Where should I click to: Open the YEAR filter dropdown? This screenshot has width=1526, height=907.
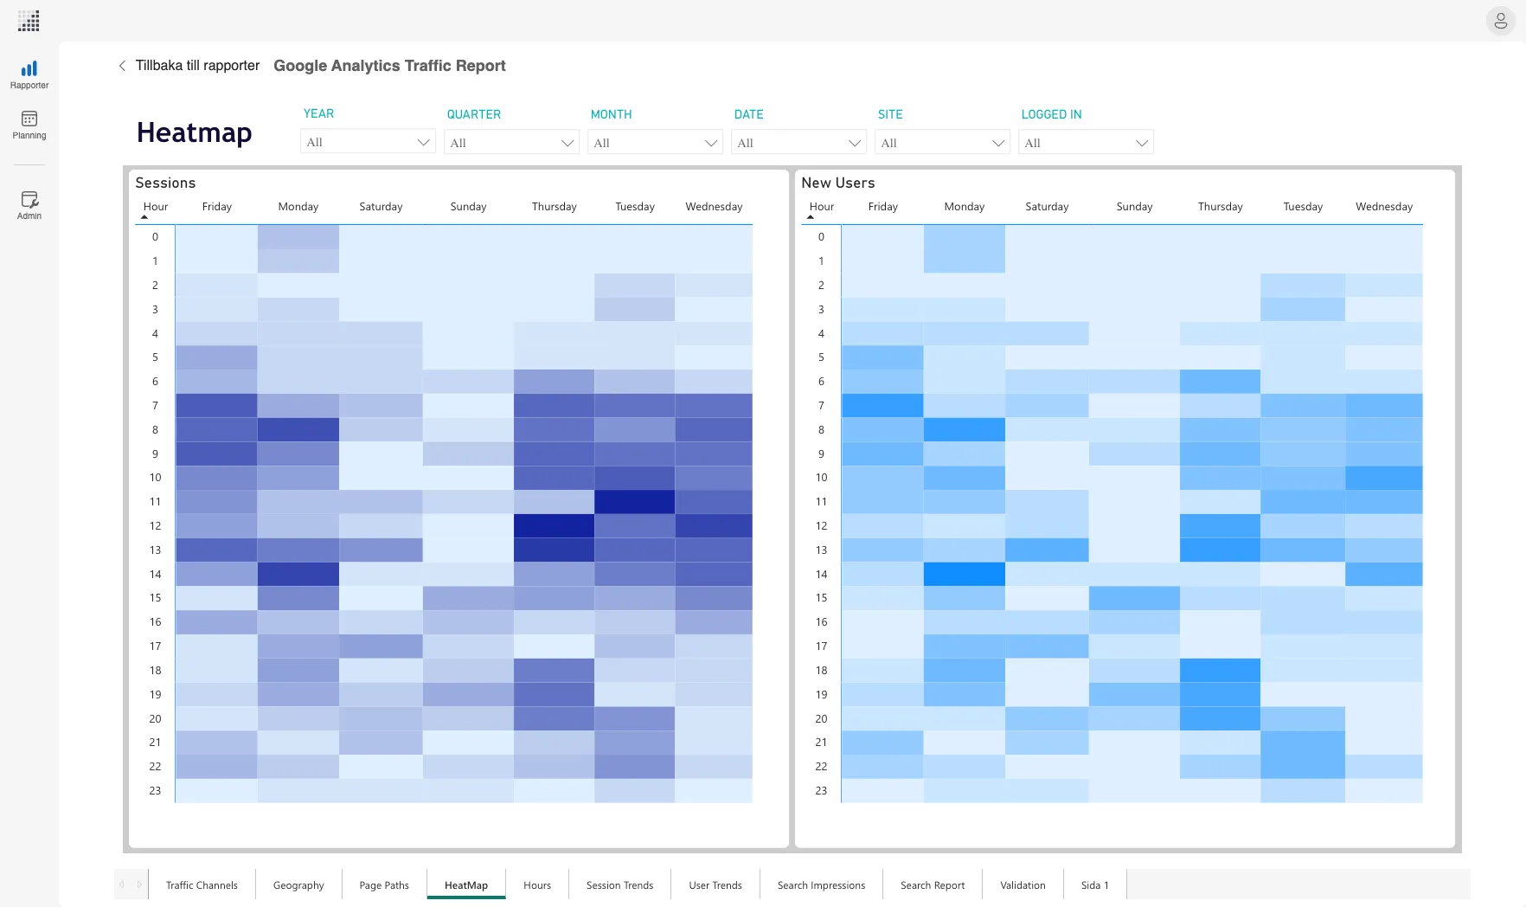368,142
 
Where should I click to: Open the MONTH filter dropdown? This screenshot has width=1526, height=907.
655,143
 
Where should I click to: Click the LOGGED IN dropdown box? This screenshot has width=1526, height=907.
1086,143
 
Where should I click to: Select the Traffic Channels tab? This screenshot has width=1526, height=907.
202,885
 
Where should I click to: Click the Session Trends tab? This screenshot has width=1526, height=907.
619,885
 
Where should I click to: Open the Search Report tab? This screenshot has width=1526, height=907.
932,885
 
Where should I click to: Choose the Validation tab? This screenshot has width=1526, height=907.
1023,885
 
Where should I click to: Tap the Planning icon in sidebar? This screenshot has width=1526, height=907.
29,125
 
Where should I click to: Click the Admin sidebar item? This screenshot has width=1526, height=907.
29,205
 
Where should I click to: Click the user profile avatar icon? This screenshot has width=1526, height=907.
1500,21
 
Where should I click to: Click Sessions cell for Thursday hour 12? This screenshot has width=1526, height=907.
554,525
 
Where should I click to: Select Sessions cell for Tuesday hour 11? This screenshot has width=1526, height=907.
634,502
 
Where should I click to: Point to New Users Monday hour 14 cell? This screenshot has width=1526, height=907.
964,574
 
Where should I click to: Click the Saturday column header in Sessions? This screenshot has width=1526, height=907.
381,207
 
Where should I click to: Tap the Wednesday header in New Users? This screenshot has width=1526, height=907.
1383,207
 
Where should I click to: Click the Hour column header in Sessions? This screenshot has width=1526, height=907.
156,207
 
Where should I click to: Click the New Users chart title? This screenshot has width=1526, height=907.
837,183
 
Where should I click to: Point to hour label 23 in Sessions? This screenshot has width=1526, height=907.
155,791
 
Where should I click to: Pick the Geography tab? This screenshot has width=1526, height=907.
298,885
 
